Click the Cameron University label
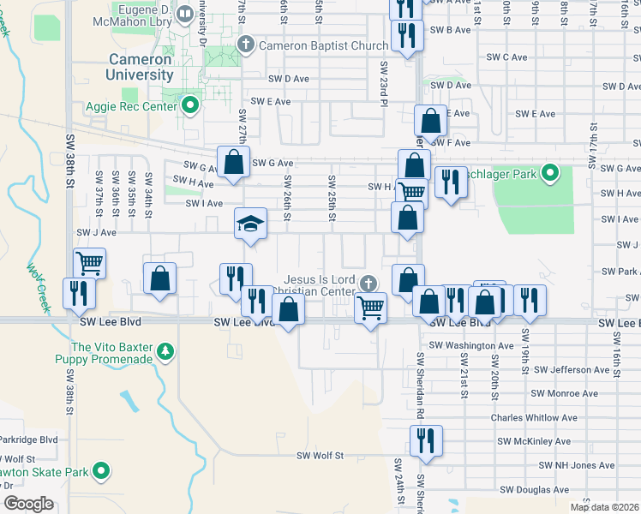pos(141,67)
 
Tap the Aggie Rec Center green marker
pos(190,105)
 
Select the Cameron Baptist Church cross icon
pos(246,44)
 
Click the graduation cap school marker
pos(250,224)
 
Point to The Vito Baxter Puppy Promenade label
pos(112,353)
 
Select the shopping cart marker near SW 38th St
pos(89,262)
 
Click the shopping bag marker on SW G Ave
pos(232,160)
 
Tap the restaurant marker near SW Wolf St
pos(425,440)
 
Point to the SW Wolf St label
pos(320,457)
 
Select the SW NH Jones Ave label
pos(576,466)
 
